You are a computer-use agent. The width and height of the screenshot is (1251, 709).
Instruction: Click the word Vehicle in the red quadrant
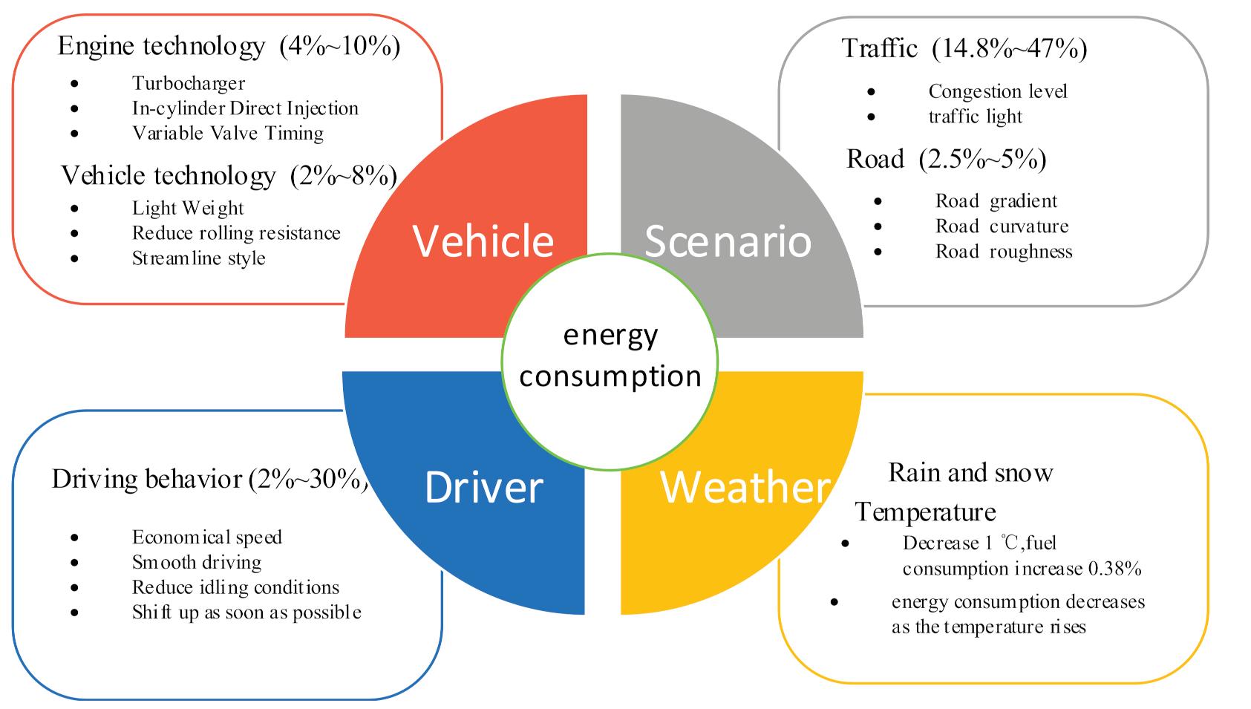pos(483,241)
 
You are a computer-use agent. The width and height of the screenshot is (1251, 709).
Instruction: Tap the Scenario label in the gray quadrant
pos(728,241)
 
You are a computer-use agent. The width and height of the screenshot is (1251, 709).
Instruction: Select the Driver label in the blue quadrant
pos(484,487)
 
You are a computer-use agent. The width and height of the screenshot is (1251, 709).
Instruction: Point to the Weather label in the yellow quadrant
pos(745,487)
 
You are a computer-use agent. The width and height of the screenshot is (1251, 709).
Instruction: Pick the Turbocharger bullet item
pos(189,83)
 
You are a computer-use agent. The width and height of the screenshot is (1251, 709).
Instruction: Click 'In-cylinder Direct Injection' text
pos(245,108)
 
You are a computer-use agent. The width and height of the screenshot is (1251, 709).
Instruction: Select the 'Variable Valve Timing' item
pos(228,134)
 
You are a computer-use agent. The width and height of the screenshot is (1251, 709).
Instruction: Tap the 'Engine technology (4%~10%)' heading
pos(229,46)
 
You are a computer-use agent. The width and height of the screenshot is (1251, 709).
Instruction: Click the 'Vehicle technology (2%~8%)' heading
pos(229,175)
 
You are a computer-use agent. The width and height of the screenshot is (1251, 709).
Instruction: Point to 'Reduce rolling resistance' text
pos(236,233)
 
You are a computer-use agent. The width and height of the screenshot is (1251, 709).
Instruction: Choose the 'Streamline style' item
pos(199,258)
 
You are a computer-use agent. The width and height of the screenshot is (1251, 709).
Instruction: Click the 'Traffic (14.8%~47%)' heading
pos(964,48)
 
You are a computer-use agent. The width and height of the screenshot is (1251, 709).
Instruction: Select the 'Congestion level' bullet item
pos(998,91)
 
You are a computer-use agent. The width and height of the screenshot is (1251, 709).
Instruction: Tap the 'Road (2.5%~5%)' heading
pos(946,159)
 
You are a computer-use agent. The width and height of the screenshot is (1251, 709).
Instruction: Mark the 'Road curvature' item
pos(1002,226)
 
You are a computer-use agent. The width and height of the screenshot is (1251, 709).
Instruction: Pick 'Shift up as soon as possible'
pos(246,612)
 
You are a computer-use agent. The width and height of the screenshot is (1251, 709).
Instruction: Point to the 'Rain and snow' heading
pos(970,473)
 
